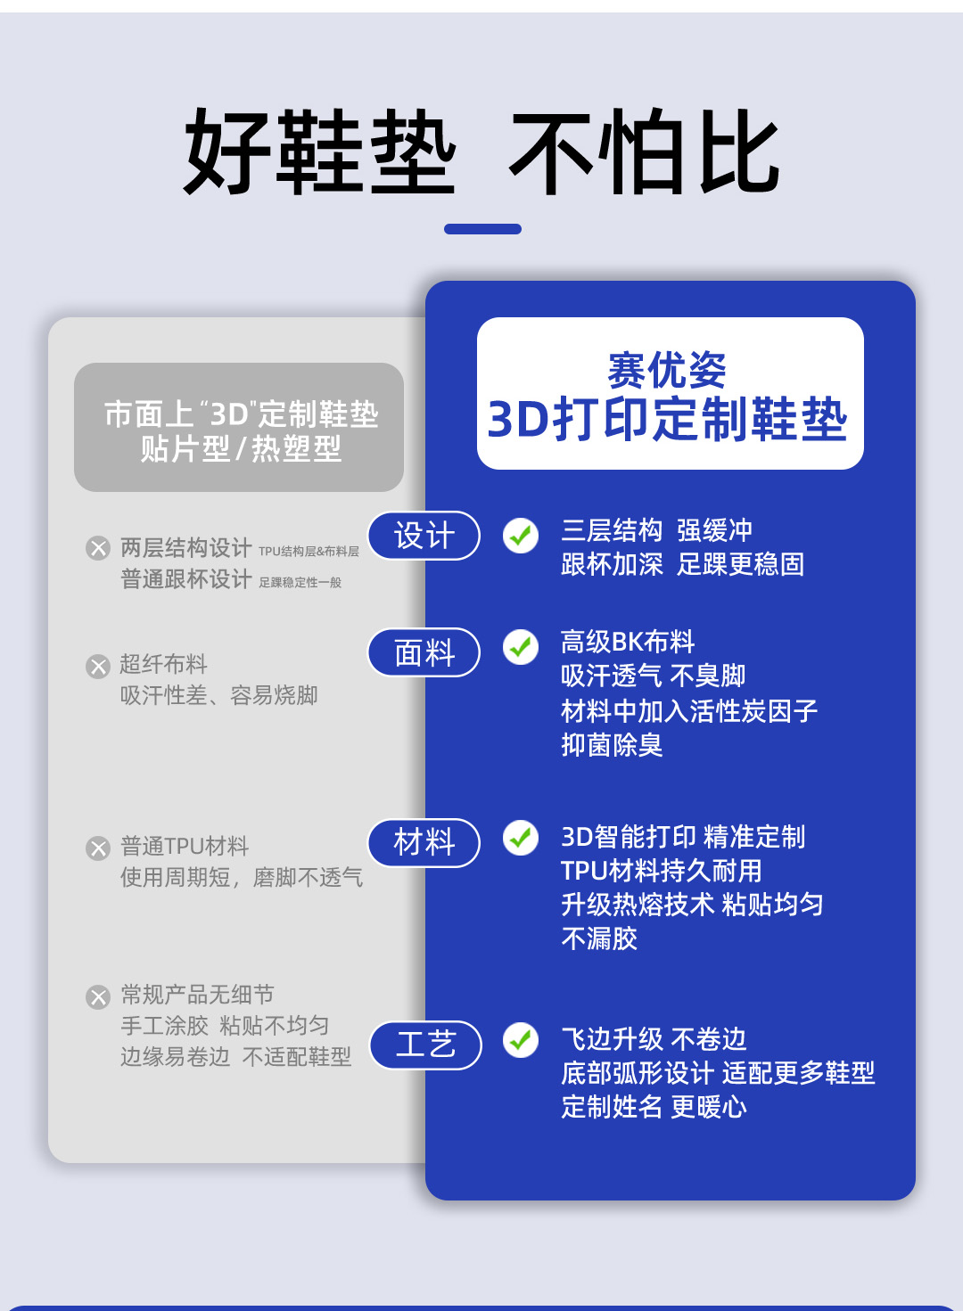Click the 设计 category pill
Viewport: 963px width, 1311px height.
coord(424,536)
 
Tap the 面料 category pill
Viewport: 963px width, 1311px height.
coord(424,652)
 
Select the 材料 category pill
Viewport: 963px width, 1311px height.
coord(424,842)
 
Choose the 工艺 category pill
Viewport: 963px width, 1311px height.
coord(426,1045)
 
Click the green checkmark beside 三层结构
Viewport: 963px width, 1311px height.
coord(521,536)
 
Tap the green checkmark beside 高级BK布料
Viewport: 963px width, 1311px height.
coord(521,647)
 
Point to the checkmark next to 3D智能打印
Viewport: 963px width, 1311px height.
coord(521,838)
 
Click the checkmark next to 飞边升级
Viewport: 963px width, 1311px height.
coord(521,1040)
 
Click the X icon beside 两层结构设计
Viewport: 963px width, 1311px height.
coord(98,548)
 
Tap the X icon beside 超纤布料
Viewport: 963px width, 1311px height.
coord(98,667)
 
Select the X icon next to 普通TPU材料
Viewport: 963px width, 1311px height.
coord(98,848)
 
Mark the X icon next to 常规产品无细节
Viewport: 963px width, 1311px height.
coord(98,996)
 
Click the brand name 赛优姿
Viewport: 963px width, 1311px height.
coord(667,370)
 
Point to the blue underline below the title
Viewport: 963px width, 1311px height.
coord(482,229)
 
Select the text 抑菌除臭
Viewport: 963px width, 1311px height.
coord(612,744)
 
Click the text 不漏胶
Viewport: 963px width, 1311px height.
coord(599,938)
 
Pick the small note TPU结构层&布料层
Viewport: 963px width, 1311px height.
coord(309,552)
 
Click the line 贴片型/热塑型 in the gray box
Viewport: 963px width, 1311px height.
coord(241,449)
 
